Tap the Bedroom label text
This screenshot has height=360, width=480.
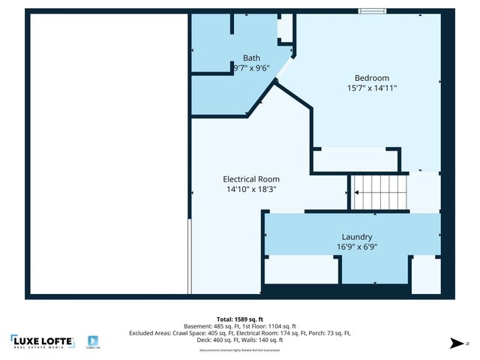(x=372, y=77)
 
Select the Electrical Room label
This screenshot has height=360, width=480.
(x=251, y=179)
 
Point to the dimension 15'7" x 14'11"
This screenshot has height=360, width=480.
(x=372, y=88)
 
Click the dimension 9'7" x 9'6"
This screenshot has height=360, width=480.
(x=250, y=67)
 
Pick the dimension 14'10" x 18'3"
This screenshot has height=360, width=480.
(x=251, y=190)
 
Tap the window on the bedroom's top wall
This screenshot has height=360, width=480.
(x=371, y=10)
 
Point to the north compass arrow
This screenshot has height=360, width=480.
(x=454, y=343)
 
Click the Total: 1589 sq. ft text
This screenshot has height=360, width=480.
(x=239, y=318)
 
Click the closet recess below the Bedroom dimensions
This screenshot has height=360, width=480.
(x=355, y=160)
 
